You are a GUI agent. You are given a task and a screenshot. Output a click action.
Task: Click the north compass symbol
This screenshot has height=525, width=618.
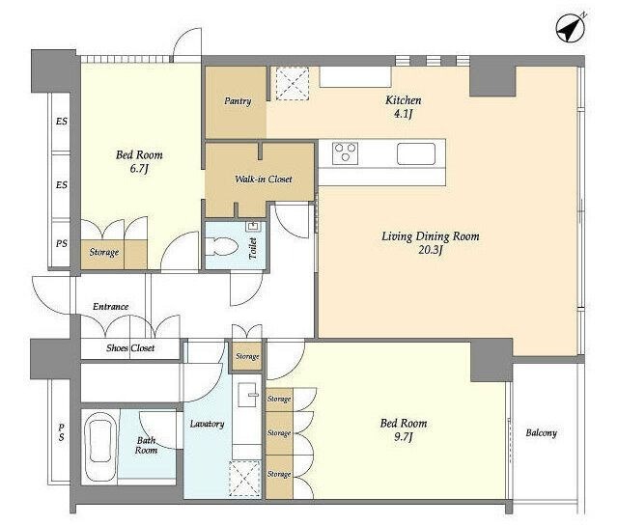pyautogui.click(x=571, y=28)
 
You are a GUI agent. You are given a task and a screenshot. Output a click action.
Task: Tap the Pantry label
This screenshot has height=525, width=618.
pyautogui.click(x=238, y=101)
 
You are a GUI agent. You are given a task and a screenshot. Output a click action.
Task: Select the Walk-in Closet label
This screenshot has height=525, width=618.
pyautogui.click(x=264, y=180)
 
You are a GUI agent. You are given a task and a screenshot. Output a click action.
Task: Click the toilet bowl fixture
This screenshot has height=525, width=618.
pyautogui.click(x=222, y=246)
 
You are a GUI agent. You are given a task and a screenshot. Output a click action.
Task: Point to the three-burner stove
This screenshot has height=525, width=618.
pyautogui.click(x=346, y=152)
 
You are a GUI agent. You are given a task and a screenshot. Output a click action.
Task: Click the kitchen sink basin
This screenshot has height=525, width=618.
pyautogui.click(x=416, y=153)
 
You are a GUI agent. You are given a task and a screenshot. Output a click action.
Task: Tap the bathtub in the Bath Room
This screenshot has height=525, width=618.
pyautogui.click(x=100, y=445)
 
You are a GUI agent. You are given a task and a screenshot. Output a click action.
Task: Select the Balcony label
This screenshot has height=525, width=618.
pyautogui.click(x=541, y=433)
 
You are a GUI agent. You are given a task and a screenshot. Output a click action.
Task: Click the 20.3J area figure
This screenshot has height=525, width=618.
pyautogui.click(x=431, y=250)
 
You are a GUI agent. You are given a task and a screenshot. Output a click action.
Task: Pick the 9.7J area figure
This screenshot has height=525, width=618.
pyautogui.click(x=404, y=437)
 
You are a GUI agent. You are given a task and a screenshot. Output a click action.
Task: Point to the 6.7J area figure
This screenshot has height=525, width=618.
pyautogui.click(x=139, y=169)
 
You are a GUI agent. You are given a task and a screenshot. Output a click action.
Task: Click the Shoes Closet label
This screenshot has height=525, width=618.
pyautogui.click(x=130, y=348)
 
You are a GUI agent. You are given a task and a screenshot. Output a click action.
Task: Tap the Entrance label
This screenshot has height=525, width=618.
pyautogui.click(x=111, y=307)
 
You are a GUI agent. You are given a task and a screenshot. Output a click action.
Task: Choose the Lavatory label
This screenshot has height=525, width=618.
pyautogui.click(x=207, y=424)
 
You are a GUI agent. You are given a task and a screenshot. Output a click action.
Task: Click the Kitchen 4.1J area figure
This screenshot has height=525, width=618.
pyautogui.click(x=403, y=114)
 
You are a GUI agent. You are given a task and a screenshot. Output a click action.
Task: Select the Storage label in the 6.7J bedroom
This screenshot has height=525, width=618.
pyautogui.click(x=103, y=252)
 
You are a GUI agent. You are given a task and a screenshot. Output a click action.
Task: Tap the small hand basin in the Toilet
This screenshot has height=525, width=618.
pyautogui.click(x=252, y=227)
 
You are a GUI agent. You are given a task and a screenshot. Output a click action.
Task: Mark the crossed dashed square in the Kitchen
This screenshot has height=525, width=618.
pyautogui.click(x=292, y=83)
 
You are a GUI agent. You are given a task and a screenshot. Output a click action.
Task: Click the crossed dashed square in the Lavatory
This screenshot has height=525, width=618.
pyautogui.click(x=244, y=479)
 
